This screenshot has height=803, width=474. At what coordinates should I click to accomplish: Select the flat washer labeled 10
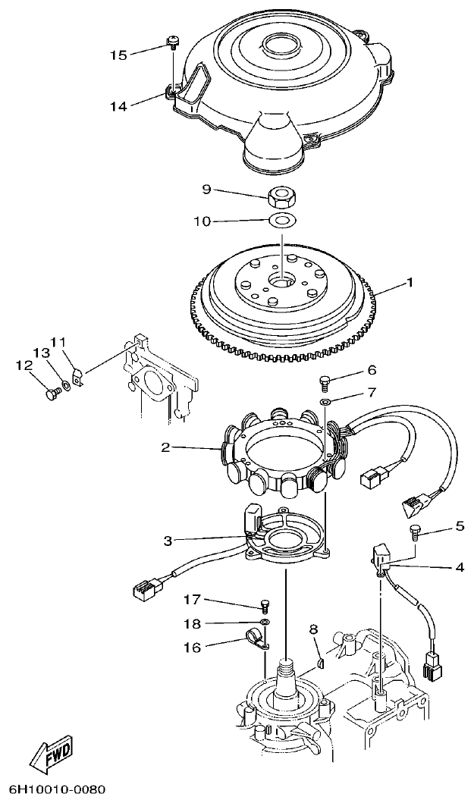[281, 221]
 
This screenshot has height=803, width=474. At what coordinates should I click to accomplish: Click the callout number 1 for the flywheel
[410, 282]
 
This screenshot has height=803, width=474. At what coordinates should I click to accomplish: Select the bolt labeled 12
[52, 393]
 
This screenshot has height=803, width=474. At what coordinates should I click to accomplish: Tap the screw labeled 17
[264, 605]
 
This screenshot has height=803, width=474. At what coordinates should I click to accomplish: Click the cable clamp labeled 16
[258, 641]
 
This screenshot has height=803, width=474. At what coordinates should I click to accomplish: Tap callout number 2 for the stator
[165, 447]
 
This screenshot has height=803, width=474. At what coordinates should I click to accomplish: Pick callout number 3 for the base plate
[168, 541]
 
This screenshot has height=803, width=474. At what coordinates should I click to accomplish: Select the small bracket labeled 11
[77, 375]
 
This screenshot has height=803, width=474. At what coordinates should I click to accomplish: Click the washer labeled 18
[264, 623]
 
